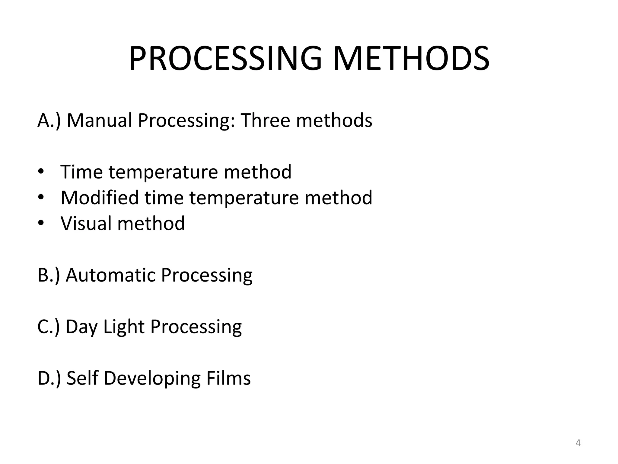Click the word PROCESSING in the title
(x=225, y=59)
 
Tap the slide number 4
(x=578, y=443)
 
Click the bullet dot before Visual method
(x=41, y=223)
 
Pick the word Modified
(x=99, y=198)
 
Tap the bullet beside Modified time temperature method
(x=41, y=198)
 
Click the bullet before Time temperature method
(x=41, y=172)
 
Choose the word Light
(x=124, y=327)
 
